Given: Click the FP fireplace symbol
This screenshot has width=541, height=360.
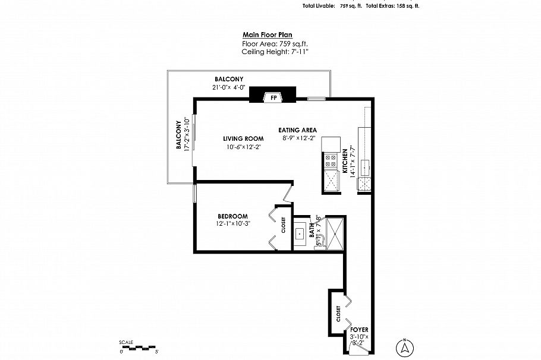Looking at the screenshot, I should coord(273,96).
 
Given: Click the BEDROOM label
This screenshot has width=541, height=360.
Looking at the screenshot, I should coord(232,216).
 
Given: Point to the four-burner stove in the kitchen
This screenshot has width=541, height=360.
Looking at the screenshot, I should coord(329,159).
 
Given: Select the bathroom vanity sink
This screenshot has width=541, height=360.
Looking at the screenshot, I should coord(300,233).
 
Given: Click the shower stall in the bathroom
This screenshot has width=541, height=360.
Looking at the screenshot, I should coord(335,233).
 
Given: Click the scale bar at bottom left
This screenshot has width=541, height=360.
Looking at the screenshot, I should coord(139,346).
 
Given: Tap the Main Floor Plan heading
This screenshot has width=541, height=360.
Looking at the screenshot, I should coord(267,35).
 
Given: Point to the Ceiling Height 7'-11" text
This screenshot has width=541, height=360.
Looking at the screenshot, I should coord(275,52).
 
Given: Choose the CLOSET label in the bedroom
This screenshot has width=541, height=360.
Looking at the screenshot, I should coord(284,225).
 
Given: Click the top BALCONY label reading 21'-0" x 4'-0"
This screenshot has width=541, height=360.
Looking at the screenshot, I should coord(229,79).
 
